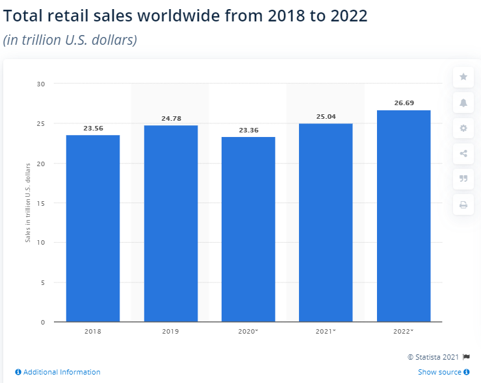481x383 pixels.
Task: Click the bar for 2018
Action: tap(93, 228)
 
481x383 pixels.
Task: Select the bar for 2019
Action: tap(171, 223)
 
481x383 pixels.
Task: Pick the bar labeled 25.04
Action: tap(326, 222)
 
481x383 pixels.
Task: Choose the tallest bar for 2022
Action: tap(404, 216)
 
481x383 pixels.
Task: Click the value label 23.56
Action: tap(93, 129)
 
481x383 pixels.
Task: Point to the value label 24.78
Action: tap(171, 119)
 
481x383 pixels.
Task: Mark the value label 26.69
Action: tap(404, 103)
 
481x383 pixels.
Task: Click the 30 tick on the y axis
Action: tap(41, 84)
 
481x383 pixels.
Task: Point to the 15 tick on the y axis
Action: tap(41, 203)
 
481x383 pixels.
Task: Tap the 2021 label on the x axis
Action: tap(326, 331)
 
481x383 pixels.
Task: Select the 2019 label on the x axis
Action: tap(171, 331)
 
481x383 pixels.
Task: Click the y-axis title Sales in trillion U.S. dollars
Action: tap(28, 203)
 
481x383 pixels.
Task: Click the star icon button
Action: tap(463, 77)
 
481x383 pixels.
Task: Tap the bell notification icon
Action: tap(463, 103)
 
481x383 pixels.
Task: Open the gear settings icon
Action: tap(463, 128)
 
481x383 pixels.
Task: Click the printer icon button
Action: tap(463, 204)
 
